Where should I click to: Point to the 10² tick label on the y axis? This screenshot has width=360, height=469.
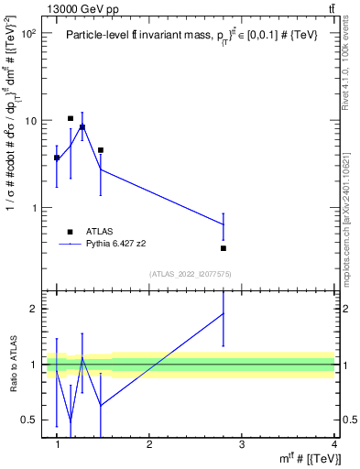coord(27,33)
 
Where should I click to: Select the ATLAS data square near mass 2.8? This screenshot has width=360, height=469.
coord(224,248)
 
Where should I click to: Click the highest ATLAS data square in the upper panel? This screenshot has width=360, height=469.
coord(71,118)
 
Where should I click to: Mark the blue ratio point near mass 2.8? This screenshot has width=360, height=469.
coord(224,313)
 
